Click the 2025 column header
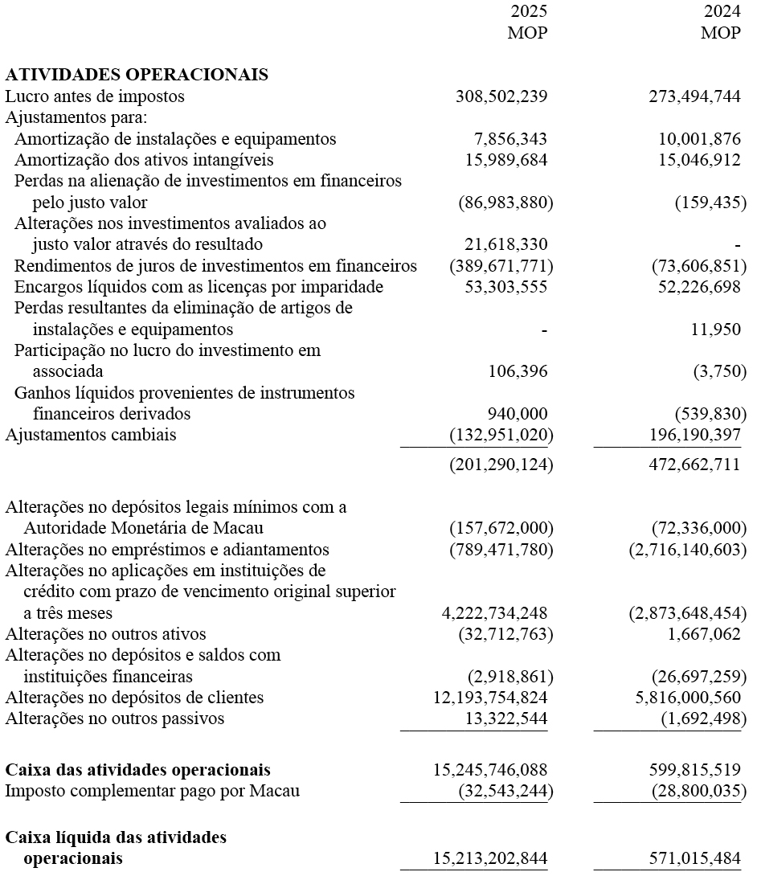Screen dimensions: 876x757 point(529,13)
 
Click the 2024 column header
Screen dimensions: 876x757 point(721,13)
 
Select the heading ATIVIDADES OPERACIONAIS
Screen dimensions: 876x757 point(137,76)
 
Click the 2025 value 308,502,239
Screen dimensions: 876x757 point(501,96)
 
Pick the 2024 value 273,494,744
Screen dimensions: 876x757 point(694,96)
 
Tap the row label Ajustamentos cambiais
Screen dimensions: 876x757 point(91,436)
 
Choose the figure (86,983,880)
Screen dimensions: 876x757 point(505,203)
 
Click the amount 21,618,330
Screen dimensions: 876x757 point(506,244)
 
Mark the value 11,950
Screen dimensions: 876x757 point(716,330)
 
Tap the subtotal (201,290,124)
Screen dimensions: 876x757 point(501,465)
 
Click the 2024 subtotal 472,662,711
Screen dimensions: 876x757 point(694,465)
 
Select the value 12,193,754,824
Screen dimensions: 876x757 point(490,698)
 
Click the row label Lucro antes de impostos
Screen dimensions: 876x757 point(95,96)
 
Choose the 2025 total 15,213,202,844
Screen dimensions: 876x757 point(490,858)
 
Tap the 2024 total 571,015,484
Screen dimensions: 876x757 point(694,858)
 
